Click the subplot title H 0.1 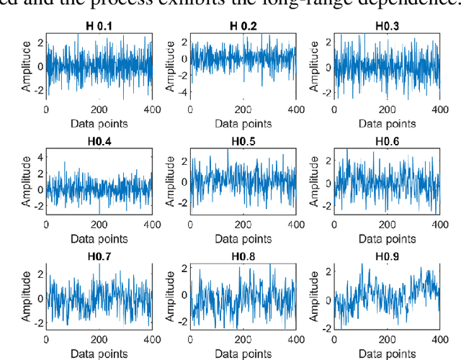[x=99, y=27]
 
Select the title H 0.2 [x=242, y=27]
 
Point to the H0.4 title [x=99, y=142]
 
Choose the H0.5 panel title [x=242, y=142]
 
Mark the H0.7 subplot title [x=99, y=257]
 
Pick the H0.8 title [x=242, y=257]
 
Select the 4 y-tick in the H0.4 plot [x=39, y=157]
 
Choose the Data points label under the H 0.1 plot [x=99, y=123]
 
